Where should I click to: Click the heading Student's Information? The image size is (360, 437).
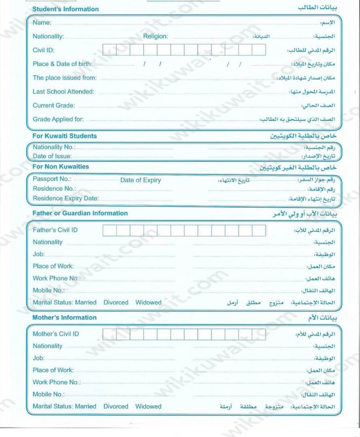[65, 9]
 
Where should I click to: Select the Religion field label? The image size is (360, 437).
[155, 36]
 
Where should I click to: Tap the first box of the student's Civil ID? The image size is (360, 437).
[109, 50]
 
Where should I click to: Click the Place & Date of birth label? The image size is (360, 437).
[62, 64]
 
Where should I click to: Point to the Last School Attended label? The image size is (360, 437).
[63, 91]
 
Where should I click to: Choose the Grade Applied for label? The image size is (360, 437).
[58, 119]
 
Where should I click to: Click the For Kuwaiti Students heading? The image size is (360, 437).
[64, 136]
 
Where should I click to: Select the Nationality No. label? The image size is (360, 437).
[54, 147]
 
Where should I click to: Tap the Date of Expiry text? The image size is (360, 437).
[141, 180]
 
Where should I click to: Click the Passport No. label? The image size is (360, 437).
[52, 179]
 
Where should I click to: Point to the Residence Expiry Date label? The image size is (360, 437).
[66, 198]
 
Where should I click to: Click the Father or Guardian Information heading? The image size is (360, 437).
[80, 213]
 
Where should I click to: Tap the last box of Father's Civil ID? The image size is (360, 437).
[259, 230]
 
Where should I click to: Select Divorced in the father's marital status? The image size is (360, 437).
[116, 302]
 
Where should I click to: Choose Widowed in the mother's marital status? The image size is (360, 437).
[148, 406]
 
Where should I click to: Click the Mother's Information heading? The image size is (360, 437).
[64, 318]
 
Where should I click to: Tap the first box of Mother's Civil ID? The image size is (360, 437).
[109, 334]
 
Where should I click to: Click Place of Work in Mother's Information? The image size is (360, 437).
[53, 370]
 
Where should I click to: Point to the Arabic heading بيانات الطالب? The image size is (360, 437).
[317, 8]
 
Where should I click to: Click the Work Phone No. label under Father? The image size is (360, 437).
[57, 278]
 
